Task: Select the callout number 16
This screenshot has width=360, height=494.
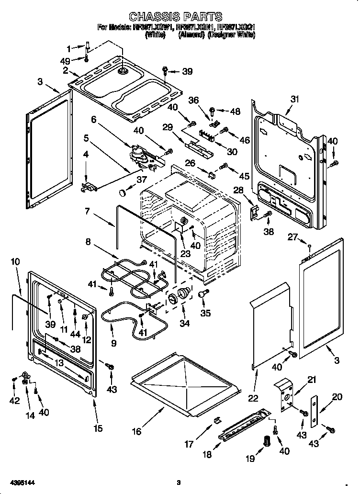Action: click(137, 432)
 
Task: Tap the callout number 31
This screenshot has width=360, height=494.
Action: click(294, 99)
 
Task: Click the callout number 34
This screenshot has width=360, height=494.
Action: click(184, 324)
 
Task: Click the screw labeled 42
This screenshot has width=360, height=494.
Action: click(15, 379)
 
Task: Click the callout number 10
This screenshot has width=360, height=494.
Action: click(15, 262)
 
